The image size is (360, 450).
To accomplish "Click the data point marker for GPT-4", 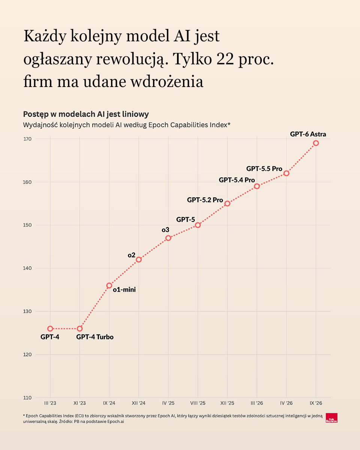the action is point(50,329).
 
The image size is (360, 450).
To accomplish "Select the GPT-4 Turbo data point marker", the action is point(80,329).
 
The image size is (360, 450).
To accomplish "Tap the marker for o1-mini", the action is point(109,285).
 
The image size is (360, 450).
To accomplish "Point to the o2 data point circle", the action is point(139,259).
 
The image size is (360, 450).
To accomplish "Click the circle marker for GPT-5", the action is point(198,225).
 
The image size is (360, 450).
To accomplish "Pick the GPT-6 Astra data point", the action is point(316,143).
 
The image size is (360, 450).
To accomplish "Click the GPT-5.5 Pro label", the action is point(264,168).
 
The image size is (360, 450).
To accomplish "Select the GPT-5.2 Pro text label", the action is point(205,200).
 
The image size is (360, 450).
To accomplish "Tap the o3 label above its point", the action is point(165,230).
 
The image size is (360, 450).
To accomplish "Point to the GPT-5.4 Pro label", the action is point(237,180).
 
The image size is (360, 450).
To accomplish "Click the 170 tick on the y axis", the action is point(27,139).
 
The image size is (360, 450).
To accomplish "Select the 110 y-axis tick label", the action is point(27,398).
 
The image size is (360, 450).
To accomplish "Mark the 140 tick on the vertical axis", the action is point(27,268).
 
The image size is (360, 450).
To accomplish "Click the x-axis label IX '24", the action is point(109,403).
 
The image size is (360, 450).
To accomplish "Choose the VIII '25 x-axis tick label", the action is point(198,403).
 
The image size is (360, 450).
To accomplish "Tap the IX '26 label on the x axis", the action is point(316,403).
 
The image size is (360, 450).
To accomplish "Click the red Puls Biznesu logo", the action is point(331,418).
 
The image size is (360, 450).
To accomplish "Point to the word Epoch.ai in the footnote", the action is point(115,421).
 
